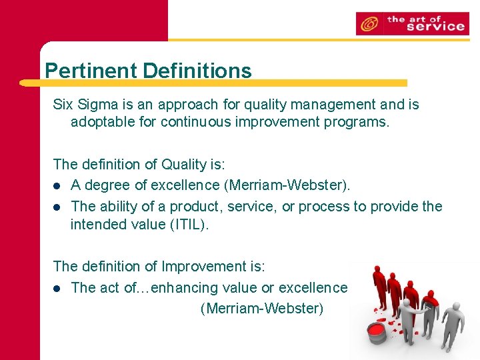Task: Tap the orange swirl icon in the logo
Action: click(x=368, y=25)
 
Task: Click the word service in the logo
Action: click(x=435, y=27)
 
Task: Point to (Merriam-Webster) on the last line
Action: click(x=261, y=309)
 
